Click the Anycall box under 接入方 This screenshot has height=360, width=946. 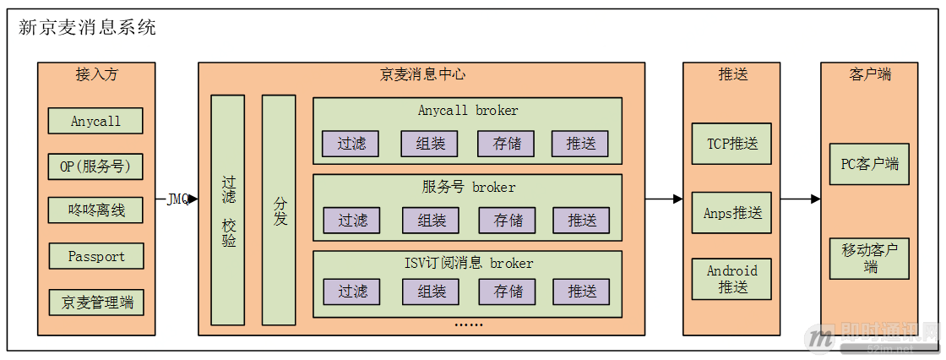click(95, 121)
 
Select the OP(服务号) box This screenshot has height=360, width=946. click(95, 166)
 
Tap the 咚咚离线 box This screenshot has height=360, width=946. click(95, 210)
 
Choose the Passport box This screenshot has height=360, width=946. click(95, 256)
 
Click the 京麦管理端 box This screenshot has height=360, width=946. click(95, 302)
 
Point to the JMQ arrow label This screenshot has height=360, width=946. click(177, 199)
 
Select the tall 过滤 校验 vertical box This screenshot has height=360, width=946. click(228, 210)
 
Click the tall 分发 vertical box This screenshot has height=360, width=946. click(279, 210)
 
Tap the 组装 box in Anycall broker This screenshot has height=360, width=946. click(429, 144)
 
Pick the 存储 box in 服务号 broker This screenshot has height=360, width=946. click(507, 221)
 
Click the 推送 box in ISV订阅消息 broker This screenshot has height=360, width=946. click(581, 292)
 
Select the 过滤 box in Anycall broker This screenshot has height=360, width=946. click(351, 144)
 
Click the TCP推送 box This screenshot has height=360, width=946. click(731, 144)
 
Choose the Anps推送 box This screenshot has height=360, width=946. click(731, 212)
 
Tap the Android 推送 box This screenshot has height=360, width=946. click(731, 279)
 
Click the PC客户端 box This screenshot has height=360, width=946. click(869, 164)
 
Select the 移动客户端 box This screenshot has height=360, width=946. click(869, 258)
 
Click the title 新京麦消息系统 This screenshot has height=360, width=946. click(87, 27)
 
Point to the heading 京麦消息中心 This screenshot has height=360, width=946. click(421, 74)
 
